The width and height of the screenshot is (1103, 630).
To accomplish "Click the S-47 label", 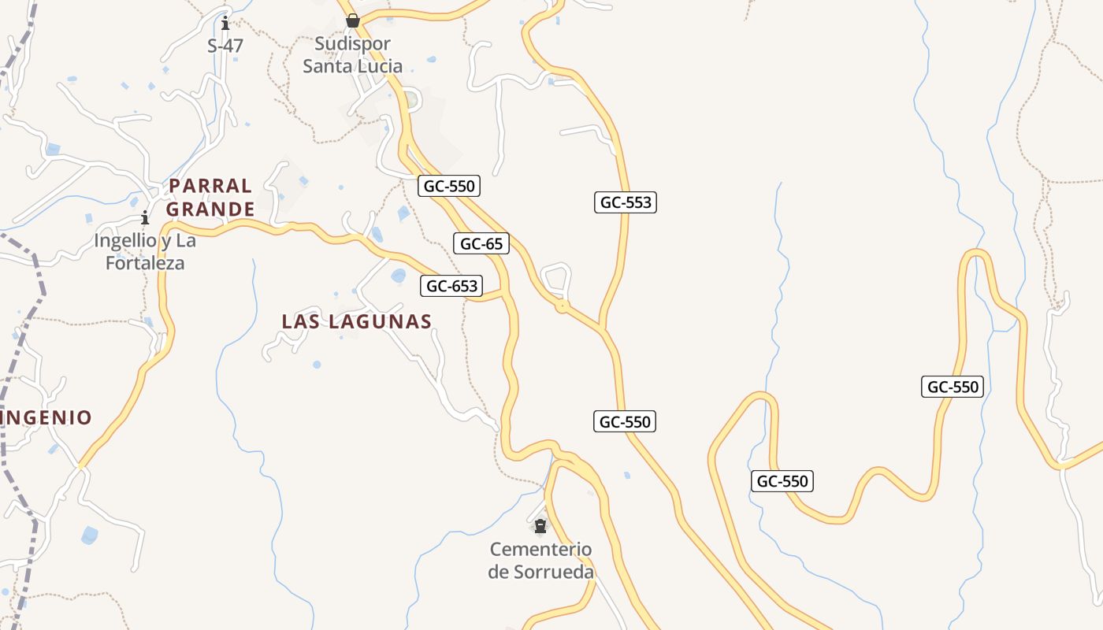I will pyautogui.click(x=225, y=46).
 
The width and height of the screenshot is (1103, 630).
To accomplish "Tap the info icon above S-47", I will pyautogui.click(x=225, y=23).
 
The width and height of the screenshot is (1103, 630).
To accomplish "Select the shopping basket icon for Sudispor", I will pyautogui.click(x=353, y=20).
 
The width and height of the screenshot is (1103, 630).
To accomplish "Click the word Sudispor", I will pyautogui.click(x=353, y=44).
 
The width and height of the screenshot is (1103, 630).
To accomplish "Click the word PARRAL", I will pyautogui.click(x=210, y=186).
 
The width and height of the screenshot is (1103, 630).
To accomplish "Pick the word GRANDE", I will pyautogui.click(x=210, y=209).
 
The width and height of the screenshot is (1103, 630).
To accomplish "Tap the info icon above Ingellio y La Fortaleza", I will pyautogui.click(x=145, y=218).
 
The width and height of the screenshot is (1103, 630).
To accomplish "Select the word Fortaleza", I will pyautogui.click(x=145, y=263).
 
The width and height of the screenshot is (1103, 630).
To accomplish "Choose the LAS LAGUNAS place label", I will pyautogui.click(x=357, y=321).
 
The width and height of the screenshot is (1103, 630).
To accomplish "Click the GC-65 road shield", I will pyautogui.click(x=481, y=244).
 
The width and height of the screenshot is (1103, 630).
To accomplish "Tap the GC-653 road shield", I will pyautogui.click(x=451, y=286).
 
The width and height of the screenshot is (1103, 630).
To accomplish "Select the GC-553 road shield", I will pyautogui.click(x=626, y=202).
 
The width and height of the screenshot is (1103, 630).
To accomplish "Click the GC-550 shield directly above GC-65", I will pyautogui.click(x=449, y=186).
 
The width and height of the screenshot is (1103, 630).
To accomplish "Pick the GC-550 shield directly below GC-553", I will pyautogui.click(x=625, y=422).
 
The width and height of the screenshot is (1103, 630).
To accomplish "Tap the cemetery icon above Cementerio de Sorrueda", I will pyautogui.click(x=540, y=526).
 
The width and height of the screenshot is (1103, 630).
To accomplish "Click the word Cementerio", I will pyautogui.click(x=540, y=549).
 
